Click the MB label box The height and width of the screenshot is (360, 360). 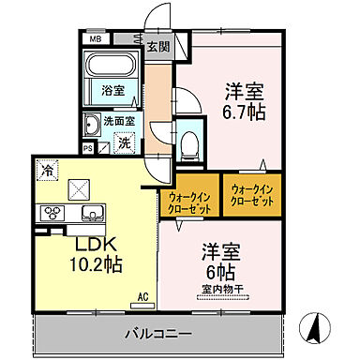(x=95, y=39)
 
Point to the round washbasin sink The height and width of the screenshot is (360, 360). (x=92, y=126)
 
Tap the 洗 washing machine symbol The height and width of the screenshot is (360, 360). (x=122, y=143)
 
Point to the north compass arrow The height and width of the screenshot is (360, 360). (x=316, y=329)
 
